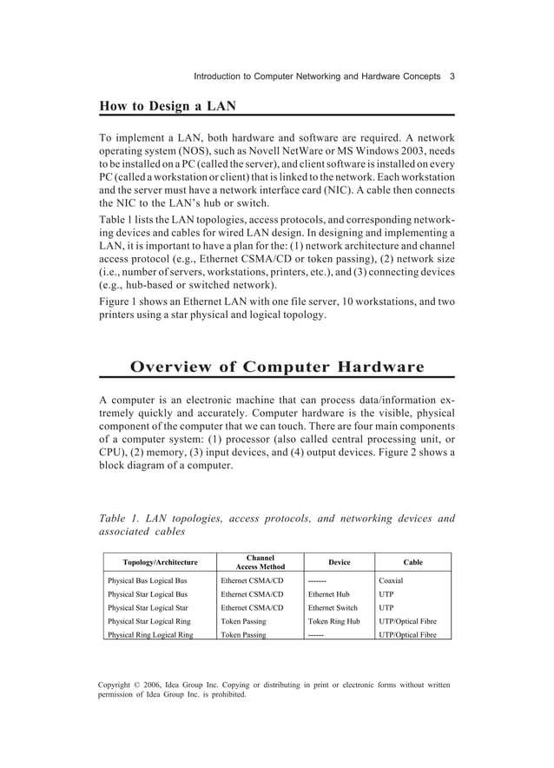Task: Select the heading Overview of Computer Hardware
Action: pyautogui.click(x=277, y=367)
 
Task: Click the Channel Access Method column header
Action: pyautogui.click(x=260, y=562)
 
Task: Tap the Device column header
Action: pyautogui.click(x=339, y=562)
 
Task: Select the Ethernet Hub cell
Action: pyautogui.click(x=329, y=594)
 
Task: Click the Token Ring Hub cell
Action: pyautogui.click(x=333, y=622)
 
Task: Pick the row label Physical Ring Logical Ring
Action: pyautogui.click(x=149, y=635)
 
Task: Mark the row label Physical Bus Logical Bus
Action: pyautogui.click(x=147, y=580)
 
